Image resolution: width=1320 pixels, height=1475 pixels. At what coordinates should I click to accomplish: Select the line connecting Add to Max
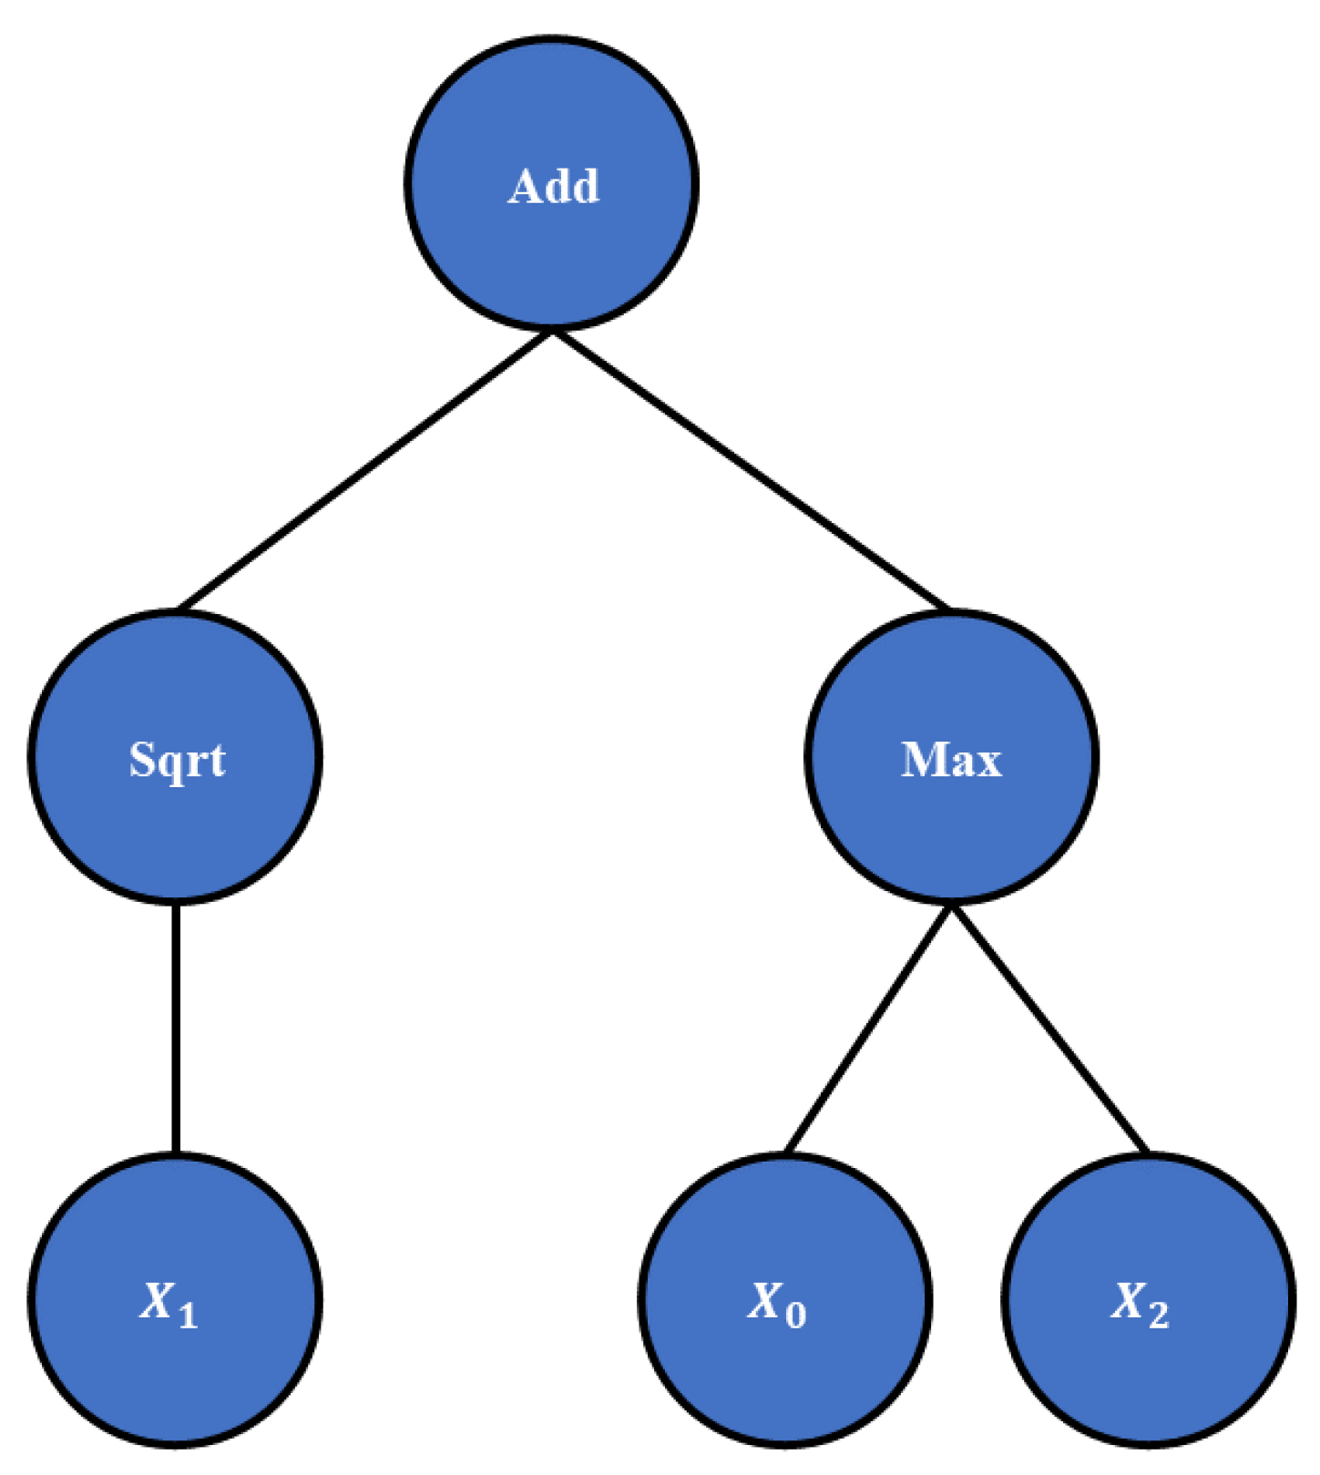(752, 470)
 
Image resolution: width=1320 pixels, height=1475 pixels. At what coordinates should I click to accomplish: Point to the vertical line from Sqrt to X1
(175, 1028)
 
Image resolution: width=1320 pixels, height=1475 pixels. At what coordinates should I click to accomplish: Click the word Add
(553, 187)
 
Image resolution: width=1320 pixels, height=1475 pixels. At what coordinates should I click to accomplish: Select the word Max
(951, 759)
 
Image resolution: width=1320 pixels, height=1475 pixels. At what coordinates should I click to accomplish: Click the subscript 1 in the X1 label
(188, 1315)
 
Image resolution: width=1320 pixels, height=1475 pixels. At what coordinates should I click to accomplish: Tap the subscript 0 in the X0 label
(795, 1315)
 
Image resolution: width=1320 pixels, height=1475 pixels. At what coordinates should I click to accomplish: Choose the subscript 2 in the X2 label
(1158, 1315)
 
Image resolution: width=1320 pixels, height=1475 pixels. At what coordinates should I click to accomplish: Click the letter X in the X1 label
(158, 1300)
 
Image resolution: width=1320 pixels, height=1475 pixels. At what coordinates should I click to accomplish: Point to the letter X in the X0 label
(765, 1300)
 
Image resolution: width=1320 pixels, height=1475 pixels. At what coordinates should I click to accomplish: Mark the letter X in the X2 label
(1129, 1300)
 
